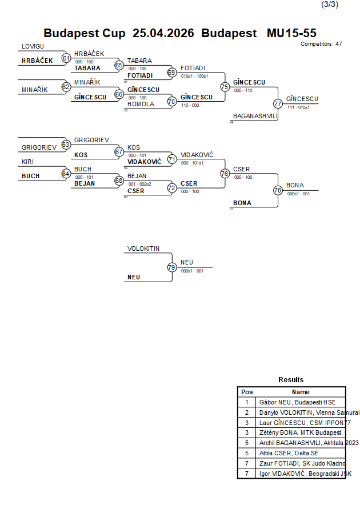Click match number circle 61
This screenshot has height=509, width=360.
click(66, 58)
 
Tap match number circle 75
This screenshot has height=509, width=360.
click(225, 87)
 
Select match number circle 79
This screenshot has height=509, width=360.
click(171, 267)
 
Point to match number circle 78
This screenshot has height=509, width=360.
click(278, 190)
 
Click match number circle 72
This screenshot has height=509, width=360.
click(171, 187)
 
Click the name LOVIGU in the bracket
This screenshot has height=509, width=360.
click(33, 46)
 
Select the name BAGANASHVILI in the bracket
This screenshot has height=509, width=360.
click(255, 116)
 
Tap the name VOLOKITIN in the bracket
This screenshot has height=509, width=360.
click(143, 249)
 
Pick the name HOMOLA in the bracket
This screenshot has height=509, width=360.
click(141, 104)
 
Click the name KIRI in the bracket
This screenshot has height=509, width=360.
click(29, 162)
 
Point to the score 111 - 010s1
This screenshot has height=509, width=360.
click(298, 107)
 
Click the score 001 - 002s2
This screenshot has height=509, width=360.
click(139, 184)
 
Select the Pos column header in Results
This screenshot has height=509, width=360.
click(247, 392)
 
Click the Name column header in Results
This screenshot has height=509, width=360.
click(301, 392)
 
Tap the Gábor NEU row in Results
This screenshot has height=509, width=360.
click(301, 402)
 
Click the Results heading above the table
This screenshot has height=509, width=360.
click(291, 379)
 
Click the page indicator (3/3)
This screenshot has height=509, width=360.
click(330, 5)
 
